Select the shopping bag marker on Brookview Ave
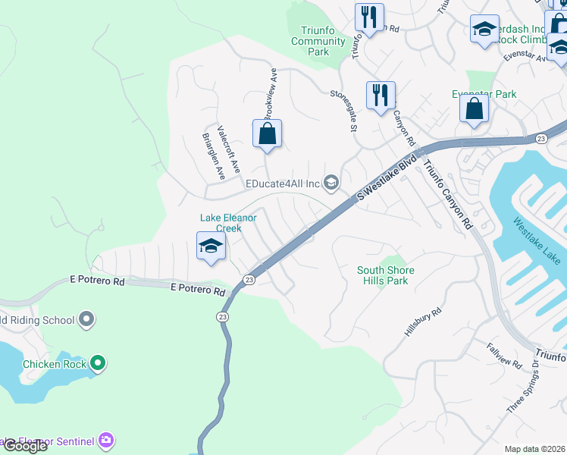pyautogui.click(x=267, y=134)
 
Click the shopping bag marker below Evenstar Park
pyautogui.click(x=474, y=108)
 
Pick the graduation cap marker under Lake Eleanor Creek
pyautogui.click(x=211, y=246)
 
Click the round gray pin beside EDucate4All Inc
pyautogui.click(x=330, y=182)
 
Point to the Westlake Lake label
pyautogui.click(x=537, y=242)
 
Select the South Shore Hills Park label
pyautogui.click(x=386, y=275)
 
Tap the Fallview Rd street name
pyautogui.click(x=505, y=355)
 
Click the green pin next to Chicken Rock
pyautogui.click(x=98, y=364)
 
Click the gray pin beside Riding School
pyautogui.click(x=86, y=319)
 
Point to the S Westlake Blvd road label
pyautogui.click(x=387, y=180)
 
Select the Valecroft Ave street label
pyautogui.click(x=228, y=149)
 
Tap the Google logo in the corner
pyautogui.click(x=24, y=446)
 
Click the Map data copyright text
pyautogui.click(x=534, y=449)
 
